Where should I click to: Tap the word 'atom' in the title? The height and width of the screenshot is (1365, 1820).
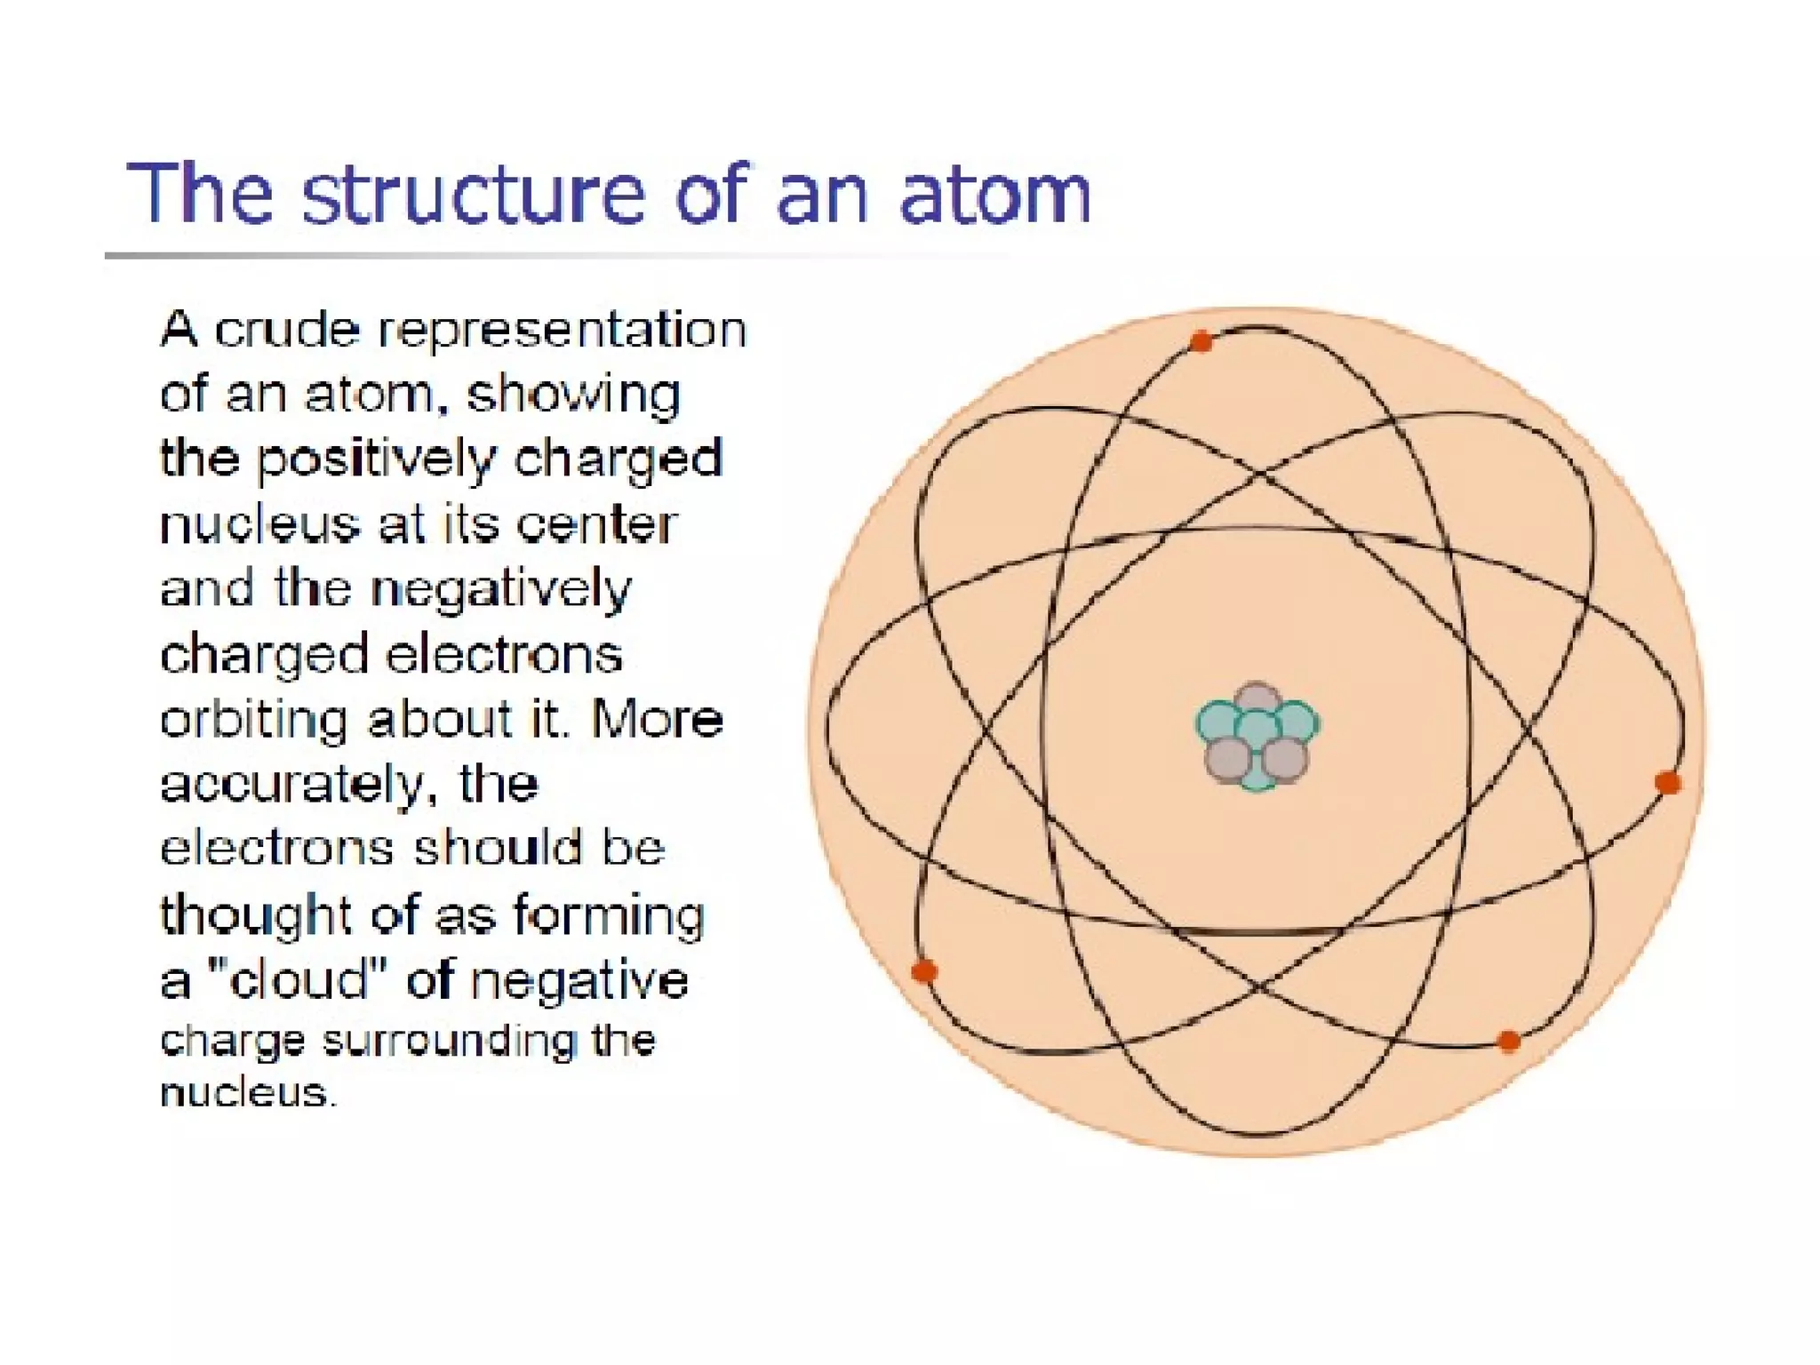coord(994,194)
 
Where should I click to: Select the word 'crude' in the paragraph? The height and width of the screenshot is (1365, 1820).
coord(287,330)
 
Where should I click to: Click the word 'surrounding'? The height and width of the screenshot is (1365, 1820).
coord(449,1042)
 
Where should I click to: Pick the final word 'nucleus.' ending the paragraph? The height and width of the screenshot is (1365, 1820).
coord(249,1092)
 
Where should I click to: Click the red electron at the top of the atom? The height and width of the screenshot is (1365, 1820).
coord(1201,341)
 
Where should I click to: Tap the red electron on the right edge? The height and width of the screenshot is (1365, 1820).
coord(1668,783)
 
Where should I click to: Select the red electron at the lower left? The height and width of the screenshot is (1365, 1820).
coord(924,970)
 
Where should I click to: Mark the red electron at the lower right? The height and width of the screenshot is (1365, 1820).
coord(1508,1041)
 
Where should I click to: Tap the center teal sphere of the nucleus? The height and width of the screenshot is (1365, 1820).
coord(1256,730)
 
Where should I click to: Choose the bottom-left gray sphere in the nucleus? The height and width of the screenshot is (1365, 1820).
coord(1227,759)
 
